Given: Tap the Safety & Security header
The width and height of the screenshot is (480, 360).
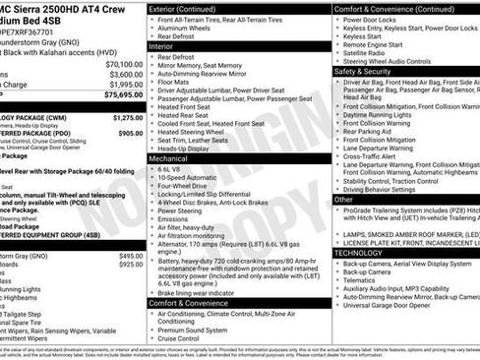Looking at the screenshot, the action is pyautogui.click(x=369, y=72).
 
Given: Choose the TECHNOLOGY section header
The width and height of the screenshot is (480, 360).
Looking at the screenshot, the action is pyautogui.click(x=364, y=253).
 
